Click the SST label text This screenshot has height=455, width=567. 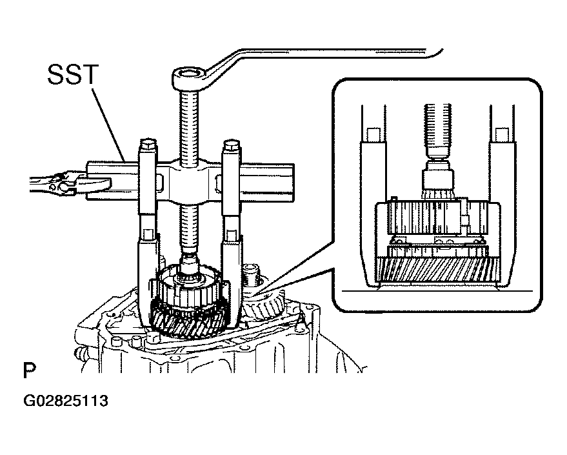pos(73,74)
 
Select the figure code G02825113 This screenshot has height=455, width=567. pos(65,401)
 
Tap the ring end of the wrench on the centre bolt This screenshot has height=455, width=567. pos(189,77)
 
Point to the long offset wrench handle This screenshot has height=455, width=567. pos(326,54)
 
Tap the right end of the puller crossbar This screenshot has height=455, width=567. pos(286,183)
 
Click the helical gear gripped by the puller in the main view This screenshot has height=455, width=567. pos(190,320)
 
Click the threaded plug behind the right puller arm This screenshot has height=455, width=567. pos(251,275)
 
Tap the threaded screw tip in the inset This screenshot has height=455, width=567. pos(437,130)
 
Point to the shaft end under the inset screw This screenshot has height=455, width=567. pos(437,178)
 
